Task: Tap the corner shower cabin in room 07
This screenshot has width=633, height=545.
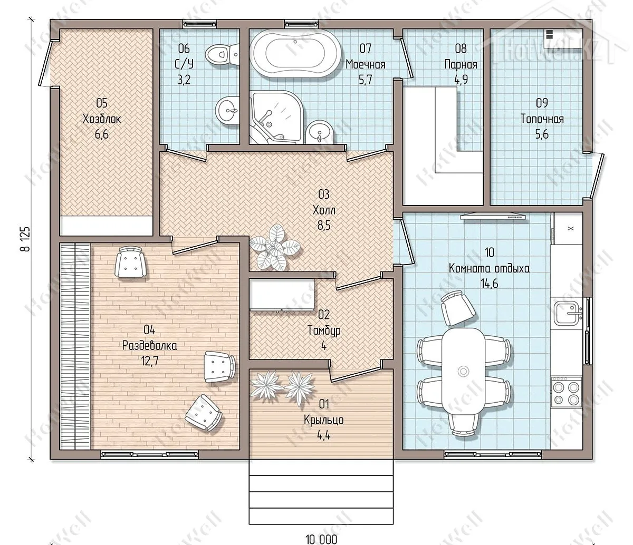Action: tap(277, 117)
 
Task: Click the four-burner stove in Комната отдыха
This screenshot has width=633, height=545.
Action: tap(566, 392)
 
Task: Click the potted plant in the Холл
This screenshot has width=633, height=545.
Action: tap(275, 247)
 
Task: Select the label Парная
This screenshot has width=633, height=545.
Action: tap(461, 65)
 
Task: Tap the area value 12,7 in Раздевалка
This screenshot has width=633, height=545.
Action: tap(150, 361)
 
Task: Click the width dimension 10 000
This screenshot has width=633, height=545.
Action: tap(321, 539)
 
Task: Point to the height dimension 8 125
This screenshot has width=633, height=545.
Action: tap(26, 239)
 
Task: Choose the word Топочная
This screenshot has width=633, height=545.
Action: tap(542, 119)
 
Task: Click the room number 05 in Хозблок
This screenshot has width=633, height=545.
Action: tap(102, 103)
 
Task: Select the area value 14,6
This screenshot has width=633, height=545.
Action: tap(489, 284)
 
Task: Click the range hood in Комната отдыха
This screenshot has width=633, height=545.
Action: tap(493, 216)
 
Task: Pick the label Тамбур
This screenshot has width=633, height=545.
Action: tap(324, 330)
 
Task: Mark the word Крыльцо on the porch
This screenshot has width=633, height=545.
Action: tap(324, 420)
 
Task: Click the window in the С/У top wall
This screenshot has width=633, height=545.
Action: tap(200, 24)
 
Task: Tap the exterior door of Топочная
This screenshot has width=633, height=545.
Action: tap(598, 176)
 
